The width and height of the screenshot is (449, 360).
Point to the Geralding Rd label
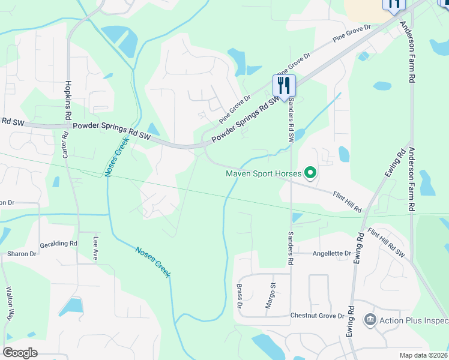pyautogui.click(x=59, y=244)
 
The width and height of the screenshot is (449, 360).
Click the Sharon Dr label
pyautogui.click(x=22, y=254)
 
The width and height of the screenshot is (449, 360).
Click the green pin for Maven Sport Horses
pyautogui.click(x=310, y=174)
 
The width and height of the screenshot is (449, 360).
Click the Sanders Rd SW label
pyautogui.click(x=291, y=119)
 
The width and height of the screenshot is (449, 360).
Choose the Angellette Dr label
pyautogui.click(x=331, y=254)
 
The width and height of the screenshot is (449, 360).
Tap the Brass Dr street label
pyautogui.click(x=239, y=296)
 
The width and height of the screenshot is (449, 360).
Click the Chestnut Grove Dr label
pyautogui.click(x=318, y=316)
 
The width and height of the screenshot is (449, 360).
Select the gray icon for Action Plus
pyautogui.click(x=370, y=319)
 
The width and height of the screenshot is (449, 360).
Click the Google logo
pyautogui.click(x=20, y=352)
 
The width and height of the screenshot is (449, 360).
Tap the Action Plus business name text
pyautogui.click(x=414, y=319)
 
